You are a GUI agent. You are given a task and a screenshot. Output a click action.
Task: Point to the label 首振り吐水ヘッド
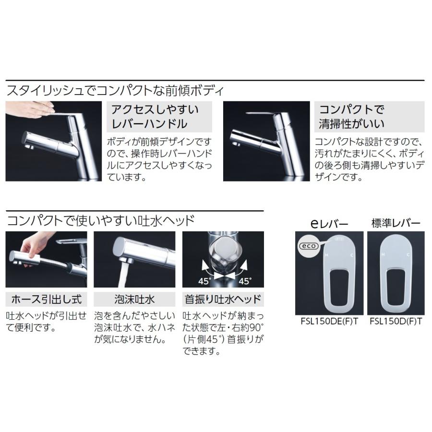pos(223,300)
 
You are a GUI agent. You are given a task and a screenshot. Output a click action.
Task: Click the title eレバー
pos(329,223)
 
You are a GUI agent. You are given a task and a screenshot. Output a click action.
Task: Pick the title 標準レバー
pos(396,223)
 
